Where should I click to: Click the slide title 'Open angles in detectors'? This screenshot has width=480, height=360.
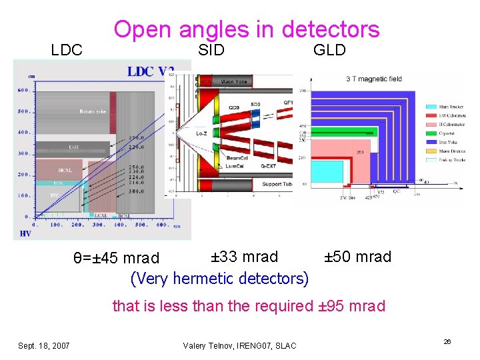(x=246, y=29)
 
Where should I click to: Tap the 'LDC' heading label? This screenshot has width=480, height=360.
(x=67, y=50)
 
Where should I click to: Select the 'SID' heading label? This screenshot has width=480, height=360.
(x=211, y=50)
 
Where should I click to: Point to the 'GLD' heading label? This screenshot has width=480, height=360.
(x=329, y=50)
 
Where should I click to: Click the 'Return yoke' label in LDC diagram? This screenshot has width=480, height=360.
(x=92, y=111)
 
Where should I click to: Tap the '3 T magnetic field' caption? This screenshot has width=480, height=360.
(x=373, y=79)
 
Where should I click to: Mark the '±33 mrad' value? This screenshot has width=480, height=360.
(x=244, y=257)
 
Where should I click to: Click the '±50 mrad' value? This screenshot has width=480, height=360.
(x=357, y=257)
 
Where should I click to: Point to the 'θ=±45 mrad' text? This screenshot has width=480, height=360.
(x=116, y=258)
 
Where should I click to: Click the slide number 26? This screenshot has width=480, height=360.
(x=447, y=341)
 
